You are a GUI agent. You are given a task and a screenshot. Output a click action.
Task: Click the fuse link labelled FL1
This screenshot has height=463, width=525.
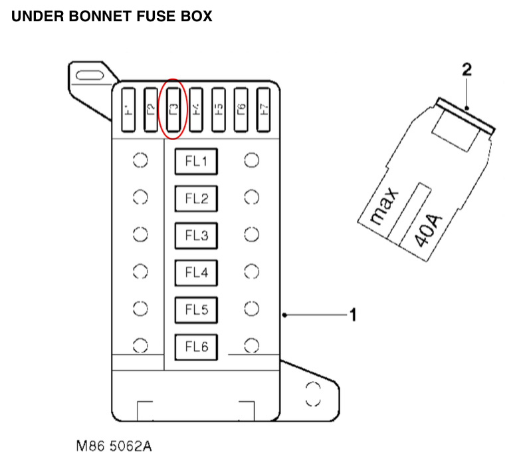click(x=197, y=161)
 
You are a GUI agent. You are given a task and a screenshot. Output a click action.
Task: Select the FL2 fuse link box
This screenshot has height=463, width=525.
click(x=197, y=198)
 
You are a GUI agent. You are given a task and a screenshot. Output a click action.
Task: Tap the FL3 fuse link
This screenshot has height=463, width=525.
click(x=197, y=235)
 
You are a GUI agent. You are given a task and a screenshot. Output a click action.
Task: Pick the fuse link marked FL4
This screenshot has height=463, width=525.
click(x=197, y=272)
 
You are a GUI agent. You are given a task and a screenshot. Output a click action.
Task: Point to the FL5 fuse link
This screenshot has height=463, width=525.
click(x=197, y=309)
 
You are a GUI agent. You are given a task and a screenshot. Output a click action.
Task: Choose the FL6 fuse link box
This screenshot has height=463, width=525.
click(x=197, y=346)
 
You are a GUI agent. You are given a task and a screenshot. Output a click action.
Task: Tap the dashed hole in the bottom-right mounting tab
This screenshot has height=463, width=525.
click(x=312, y=394)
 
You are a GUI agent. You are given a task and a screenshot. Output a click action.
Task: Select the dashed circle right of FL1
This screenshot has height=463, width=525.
click(x=251, y=160)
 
